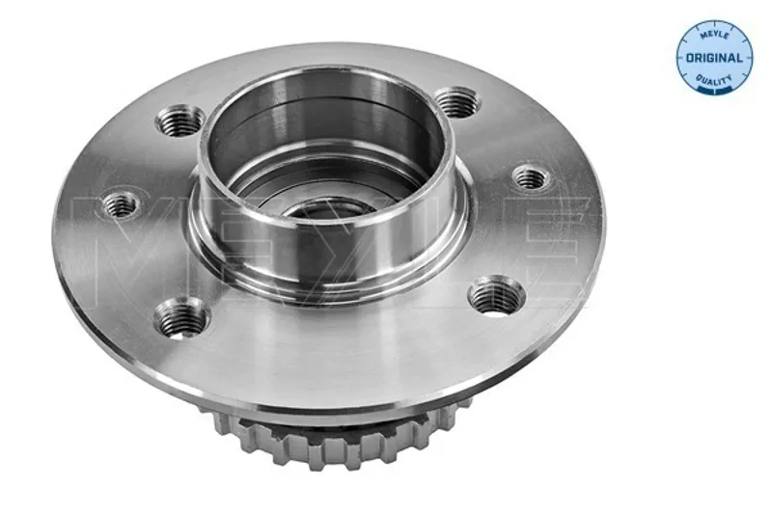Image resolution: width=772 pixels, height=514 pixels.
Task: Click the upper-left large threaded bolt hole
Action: [180, 121]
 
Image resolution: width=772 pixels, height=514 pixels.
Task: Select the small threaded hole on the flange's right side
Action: [532, 178]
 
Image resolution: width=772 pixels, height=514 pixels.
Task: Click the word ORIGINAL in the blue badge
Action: [714, 58]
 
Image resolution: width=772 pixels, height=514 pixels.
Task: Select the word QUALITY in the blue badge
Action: [713, 79]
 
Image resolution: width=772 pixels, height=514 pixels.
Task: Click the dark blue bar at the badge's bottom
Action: [714, 91]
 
